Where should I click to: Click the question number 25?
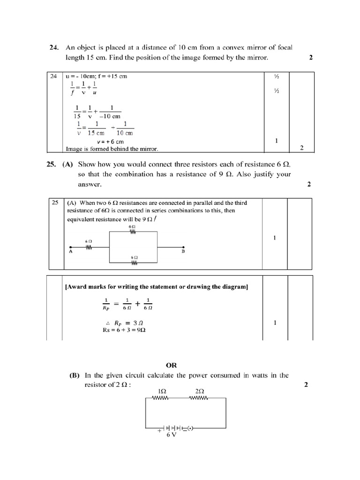54,165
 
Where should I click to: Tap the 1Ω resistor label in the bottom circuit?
164,391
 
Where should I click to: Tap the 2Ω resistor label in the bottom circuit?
199,391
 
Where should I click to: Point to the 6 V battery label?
171,435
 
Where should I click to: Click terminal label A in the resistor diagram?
70,251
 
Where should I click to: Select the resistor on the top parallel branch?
132,231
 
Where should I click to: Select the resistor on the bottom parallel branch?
134,262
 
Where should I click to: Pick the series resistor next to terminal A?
88,247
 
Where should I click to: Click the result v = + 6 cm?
110,142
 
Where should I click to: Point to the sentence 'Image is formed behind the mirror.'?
112,149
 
